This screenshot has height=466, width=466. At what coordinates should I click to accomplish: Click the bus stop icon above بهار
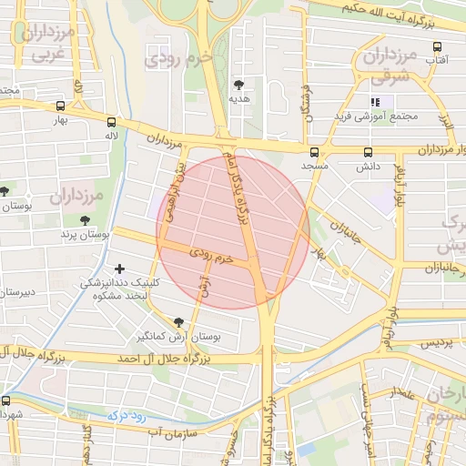(x=60, y=105)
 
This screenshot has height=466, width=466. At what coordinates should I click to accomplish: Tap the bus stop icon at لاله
(x=111, y=121)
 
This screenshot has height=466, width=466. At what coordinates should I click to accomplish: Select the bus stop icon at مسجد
(x=315, y=152)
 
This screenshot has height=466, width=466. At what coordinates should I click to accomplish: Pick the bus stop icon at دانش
(x=368, y=152)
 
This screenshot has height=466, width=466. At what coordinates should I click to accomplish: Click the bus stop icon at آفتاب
(x=437, y=46)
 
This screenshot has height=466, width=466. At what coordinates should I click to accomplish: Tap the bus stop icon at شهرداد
(x=6, y=400)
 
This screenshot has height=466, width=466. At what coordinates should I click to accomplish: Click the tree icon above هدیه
(x=239, y=83)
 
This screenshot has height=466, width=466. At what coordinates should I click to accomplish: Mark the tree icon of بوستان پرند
(x=85, y=220)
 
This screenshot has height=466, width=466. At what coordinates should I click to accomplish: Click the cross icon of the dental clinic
(x=119, y=268)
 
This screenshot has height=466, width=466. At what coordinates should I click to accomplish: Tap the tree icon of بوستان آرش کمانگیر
(x=177, y=322)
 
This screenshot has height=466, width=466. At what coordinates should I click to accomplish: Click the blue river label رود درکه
(x=127, y=413)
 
